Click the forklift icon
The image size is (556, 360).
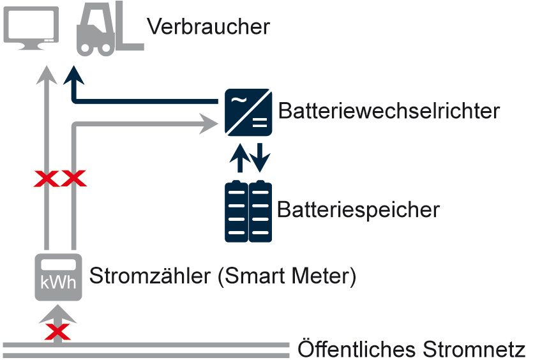point(109,28)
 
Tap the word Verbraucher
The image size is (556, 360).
point(208,27)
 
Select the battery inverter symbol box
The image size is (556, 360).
point(248,112)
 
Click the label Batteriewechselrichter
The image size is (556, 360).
point(388,111)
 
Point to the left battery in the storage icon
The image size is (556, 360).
point(236,212)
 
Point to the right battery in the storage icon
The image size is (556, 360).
point(260,212)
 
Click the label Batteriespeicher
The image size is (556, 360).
point(358,209)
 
